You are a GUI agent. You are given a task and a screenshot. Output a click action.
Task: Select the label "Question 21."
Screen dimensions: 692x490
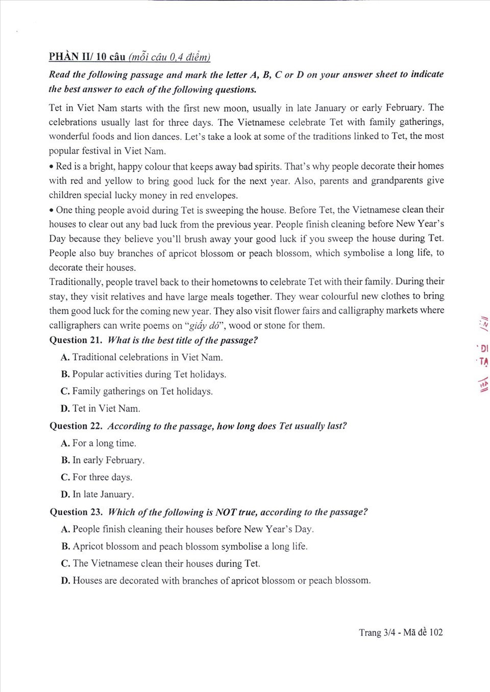[76, 340]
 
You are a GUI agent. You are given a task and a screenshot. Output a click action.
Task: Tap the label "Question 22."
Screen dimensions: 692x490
[76, 426]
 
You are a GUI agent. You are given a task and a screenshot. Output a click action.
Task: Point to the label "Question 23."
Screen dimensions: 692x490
[76, 512]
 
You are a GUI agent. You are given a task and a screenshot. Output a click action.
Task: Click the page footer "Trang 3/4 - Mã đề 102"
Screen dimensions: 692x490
[401, 632]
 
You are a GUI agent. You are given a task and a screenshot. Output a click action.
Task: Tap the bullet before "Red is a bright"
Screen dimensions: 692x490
[52, 167]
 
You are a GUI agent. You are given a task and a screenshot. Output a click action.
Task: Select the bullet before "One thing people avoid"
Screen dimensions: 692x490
[52, 210]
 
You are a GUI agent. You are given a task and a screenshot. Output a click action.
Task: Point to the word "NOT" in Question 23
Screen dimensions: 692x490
[226, 512]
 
